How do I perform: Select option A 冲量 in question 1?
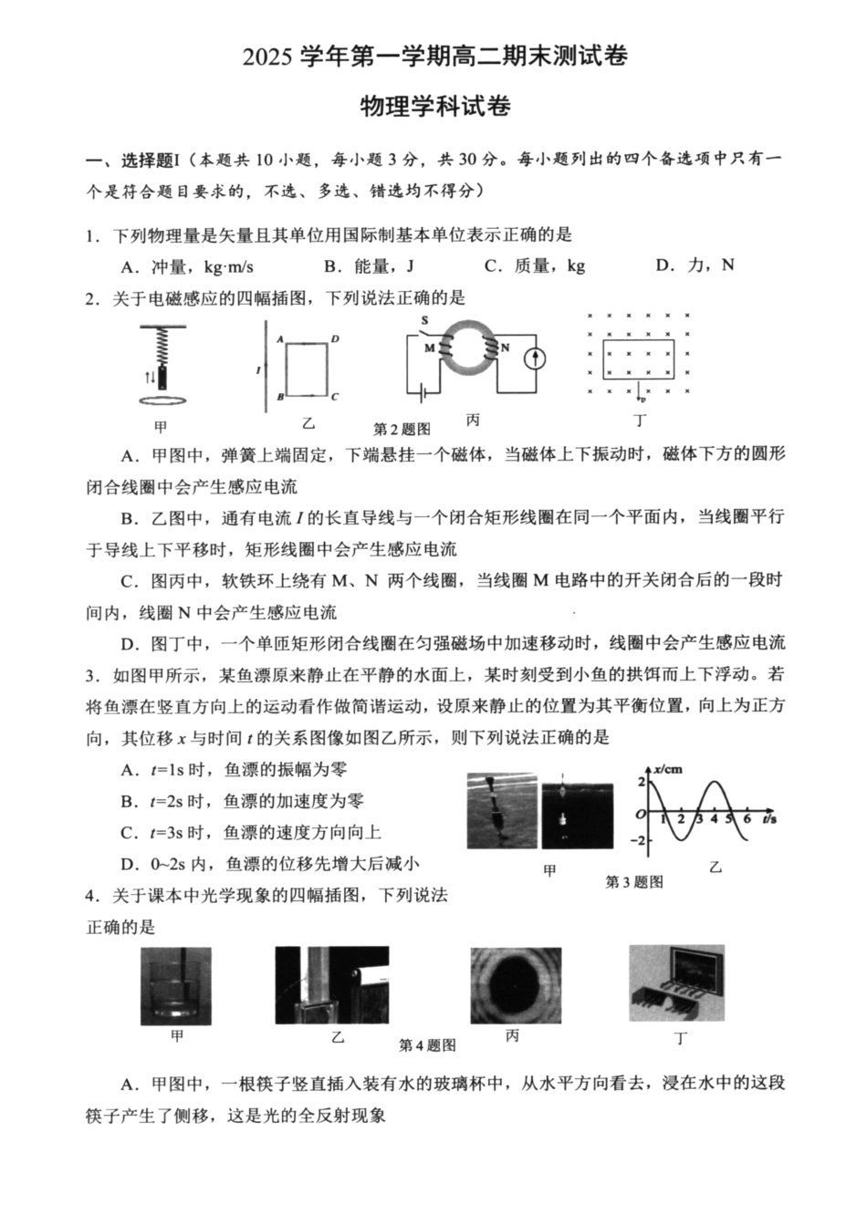click(187, 266)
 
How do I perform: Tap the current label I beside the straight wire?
click(258, 369)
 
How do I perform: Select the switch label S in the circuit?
click(423, 320)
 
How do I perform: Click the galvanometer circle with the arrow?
click(534, 358)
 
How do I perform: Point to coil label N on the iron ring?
click(503, 348)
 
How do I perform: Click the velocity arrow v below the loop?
click(642, 397)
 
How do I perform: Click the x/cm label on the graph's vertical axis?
click(668, 768)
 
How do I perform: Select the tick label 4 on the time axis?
click(713, 820)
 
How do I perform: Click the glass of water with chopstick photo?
click(176, 986)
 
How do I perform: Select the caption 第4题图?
click(427, 1045)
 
